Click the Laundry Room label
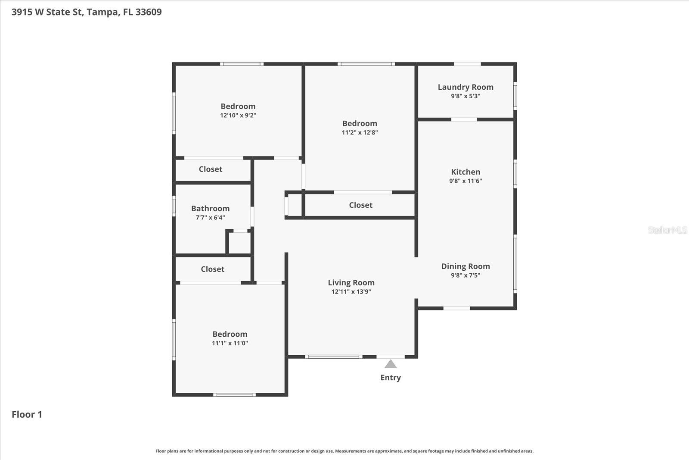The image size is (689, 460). tap(466, 87)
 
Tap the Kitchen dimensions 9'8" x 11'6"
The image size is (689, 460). tap(466, 181)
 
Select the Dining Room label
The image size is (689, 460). tap(466, 266)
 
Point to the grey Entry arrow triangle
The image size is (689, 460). tap(391, 364)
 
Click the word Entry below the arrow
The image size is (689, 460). tap(391, 378)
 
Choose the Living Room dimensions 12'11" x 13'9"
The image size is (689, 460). tap(351, 292)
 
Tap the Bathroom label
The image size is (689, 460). tap(210, 209)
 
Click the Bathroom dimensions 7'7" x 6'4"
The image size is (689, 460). tap(210, 218)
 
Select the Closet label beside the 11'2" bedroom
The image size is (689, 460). tap(360, 205)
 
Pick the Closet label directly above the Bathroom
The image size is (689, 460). tap(210, 169)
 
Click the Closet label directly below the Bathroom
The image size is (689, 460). tap(212, 269)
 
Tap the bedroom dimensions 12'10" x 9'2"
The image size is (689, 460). tap(238, 116)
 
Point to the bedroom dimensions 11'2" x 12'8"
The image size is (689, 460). tap(360, 133)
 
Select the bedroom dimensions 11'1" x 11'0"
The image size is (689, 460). tap(230, 344)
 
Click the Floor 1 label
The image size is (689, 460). tap(27, 415)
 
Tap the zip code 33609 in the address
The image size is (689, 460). tap(149, 12)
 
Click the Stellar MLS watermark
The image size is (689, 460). tap(667, 230)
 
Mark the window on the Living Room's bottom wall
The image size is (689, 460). tap(334, 357)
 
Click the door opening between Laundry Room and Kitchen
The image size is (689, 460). tap(464, 119)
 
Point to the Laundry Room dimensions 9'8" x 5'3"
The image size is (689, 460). tap(466, 96)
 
